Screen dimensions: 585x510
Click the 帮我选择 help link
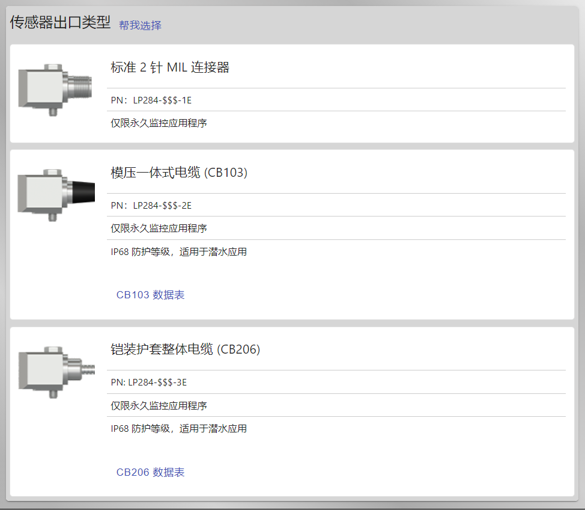point(141,25)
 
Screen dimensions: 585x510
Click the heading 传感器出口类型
point(60,22)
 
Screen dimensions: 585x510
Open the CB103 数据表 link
point(150,295)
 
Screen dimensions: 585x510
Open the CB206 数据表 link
point(150,472)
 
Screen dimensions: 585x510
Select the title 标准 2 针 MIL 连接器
point(170,67)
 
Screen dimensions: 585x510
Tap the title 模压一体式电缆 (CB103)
point(179,173)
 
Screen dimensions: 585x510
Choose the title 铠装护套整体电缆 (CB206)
point(186,349)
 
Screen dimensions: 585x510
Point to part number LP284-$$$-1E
point(162,100)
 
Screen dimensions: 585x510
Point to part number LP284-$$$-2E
point(162,206)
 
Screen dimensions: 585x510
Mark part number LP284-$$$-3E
point(157,382)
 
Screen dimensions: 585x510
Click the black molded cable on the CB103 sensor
point(83,192)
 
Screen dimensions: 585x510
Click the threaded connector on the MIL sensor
point(80,87)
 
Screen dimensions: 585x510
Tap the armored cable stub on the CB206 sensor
point(88,369)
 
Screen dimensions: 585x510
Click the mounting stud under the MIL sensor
point(53,112)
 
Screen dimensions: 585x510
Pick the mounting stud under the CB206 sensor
point(53,394)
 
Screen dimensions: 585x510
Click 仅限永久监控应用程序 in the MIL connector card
point(159,123)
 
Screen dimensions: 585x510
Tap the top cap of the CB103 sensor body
point(52,172)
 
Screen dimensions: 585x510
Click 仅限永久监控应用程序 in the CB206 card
point(159,406)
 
